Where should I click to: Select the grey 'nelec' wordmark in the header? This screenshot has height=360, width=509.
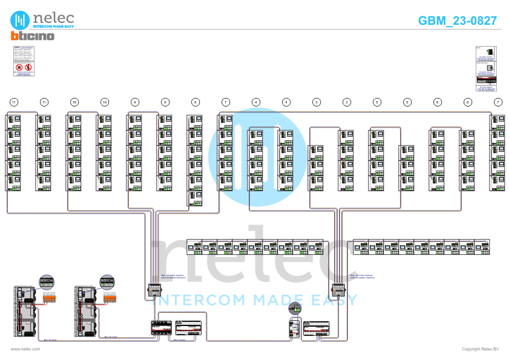point(54,18)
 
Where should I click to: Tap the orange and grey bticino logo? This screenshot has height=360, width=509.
point(32,36)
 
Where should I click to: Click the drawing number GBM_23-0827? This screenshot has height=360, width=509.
point(458,21)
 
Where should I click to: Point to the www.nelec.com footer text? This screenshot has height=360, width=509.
point(25,349)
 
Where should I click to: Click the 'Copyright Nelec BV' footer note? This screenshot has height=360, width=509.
point(480,349)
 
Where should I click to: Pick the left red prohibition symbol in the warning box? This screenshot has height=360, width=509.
point(19,68)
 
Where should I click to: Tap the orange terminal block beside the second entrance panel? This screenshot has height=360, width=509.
point(110,298)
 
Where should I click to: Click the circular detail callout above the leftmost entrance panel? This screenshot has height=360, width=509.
point(47,282)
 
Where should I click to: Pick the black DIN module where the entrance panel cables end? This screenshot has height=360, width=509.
point(161,328)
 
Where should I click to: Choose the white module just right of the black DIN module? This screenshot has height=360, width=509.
point(189,328)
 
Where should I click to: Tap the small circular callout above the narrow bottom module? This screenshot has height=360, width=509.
point(295,309)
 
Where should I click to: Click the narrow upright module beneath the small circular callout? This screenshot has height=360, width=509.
point(294,328)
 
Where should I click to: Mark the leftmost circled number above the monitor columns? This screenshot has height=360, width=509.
point(14,102)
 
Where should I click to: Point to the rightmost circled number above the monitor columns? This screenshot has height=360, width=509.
point(498,102)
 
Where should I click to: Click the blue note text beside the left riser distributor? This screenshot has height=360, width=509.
point(174,277)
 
